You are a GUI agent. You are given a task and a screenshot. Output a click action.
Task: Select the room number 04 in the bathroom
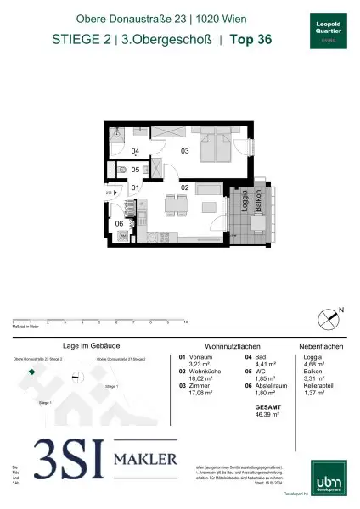(x=135, y=152)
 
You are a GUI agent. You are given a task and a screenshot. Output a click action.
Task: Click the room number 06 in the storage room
(x=121, y=223)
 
